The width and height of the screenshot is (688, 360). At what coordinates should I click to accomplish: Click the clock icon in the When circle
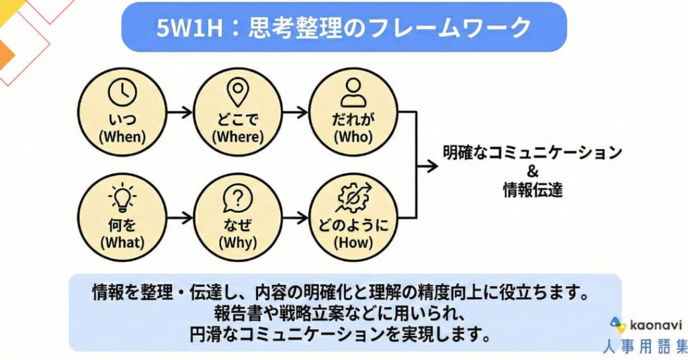pos(122,93)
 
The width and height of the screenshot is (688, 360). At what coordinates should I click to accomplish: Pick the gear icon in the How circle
pos(353,199)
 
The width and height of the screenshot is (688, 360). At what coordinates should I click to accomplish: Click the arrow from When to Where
pos(179,112)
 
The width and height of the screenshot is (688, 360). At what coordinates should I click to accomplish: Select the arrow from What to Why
pos(179,217)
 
